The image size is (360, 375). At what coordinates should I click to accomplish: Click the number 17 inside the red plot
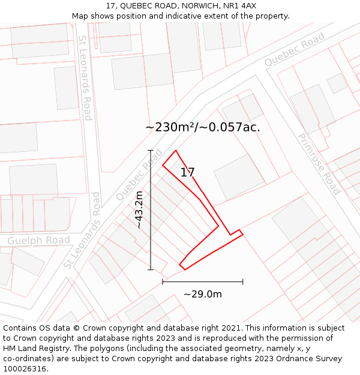[187, 173]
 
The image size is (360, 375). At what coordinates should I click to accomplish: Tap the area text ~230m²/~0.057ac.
[203, 127]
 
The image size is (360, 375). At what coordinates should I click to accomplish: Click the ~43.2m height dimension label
[139, 210]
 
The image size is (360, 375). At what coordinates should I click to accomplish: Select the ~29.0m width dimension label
[203, 294]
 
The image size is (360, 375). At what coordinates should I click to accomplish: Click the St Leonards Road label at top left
[85, 78]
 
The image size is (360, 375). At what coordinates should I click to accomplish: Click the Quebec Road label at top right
[294, 49]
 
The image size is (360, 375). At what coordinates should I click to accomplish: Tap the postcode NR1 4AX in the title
[241, 6]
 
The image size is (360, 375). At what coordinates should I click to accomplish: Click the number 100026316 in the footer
[25, 369]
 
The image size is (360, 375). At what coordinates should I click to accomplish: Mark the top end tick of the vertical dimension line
[151, 150]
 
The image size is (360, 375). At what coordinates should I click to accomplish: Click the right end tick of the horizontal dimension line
[243, 281]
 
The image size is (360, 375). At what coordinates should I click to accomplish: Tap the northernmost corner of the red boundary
[175, 151]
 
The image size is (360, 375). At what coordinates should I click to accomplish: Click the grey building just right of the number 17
[239, 177]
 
